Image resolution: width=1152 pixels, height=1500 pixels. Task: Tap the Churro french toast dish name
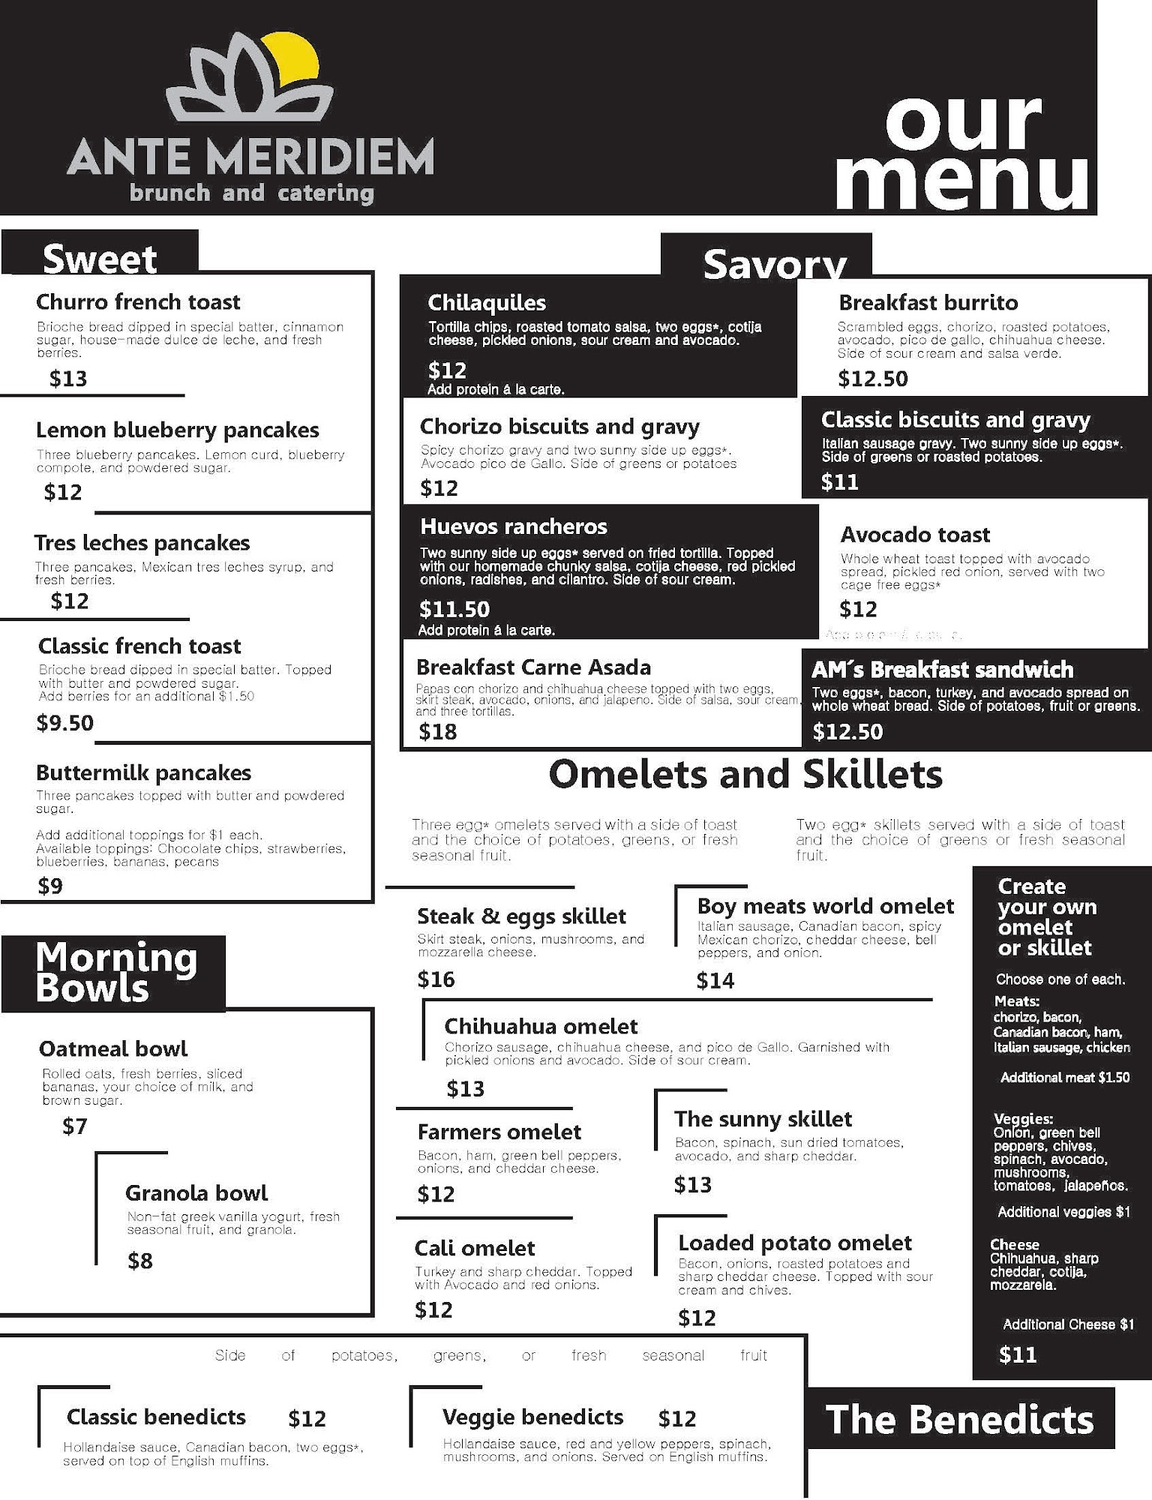pyautogui.click(x=138, y=301)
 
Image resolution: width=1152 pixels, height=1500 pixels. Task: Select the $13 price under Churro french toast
pyautogui.click(x=68, y=378)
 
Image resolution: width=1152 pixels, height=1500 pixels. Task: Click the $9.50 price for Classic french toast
pyautogui.click(x=65, y=722)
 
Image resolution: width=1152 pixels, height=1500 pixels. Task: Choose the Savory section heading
pyautogui.click(x=774, y=264)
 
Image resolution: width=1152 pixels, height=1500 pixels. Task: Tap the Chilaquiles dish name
pyautogui.click(x=487, y=302)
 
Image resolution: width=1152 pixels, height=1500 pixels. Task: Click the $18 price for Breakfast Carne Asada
pyautogui.click(x=438, y=731)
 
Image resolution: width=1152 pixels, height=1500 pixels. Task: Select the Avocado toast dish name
pyautogui.click(x=915, y=534)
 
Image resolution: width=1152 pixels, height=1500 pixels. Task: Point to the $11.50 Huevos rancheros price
pyautogui.click(x=454, y=608)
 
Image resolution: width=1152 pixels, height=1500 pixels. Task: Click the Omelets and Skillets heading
pyautogui.click(x=745, y=774)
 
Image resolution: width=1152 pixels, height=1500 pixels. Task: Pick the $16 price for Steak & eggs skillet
pyautogui.click(x=436, y=979)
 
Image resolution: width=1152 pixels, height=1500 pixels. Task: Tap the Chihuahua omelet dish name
pyautogui.click(x=541, y=1026)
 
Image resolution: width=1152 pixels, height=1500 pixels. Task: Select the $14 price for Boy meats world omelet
pyautogui.click(x=715, y=980)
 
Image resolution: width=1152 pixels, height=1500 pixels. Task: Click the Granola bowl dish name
pyautogui.click(x=196, y=1192)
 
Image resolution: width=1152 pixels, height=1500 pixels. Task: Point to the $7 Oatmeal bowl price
pyautogui.click(x=75, y=1126)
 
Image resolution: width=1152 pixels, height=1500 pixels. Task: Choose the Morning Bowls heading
pyautogui.click(x=115, y=973)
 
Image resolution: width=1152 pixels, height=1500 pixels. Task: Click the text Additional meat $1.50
pyautogui.click(x=1064, y=1077)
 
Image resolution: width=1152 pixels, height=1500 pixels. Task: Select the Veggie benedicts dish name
pyautogui.click(x=532, y=1417)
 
